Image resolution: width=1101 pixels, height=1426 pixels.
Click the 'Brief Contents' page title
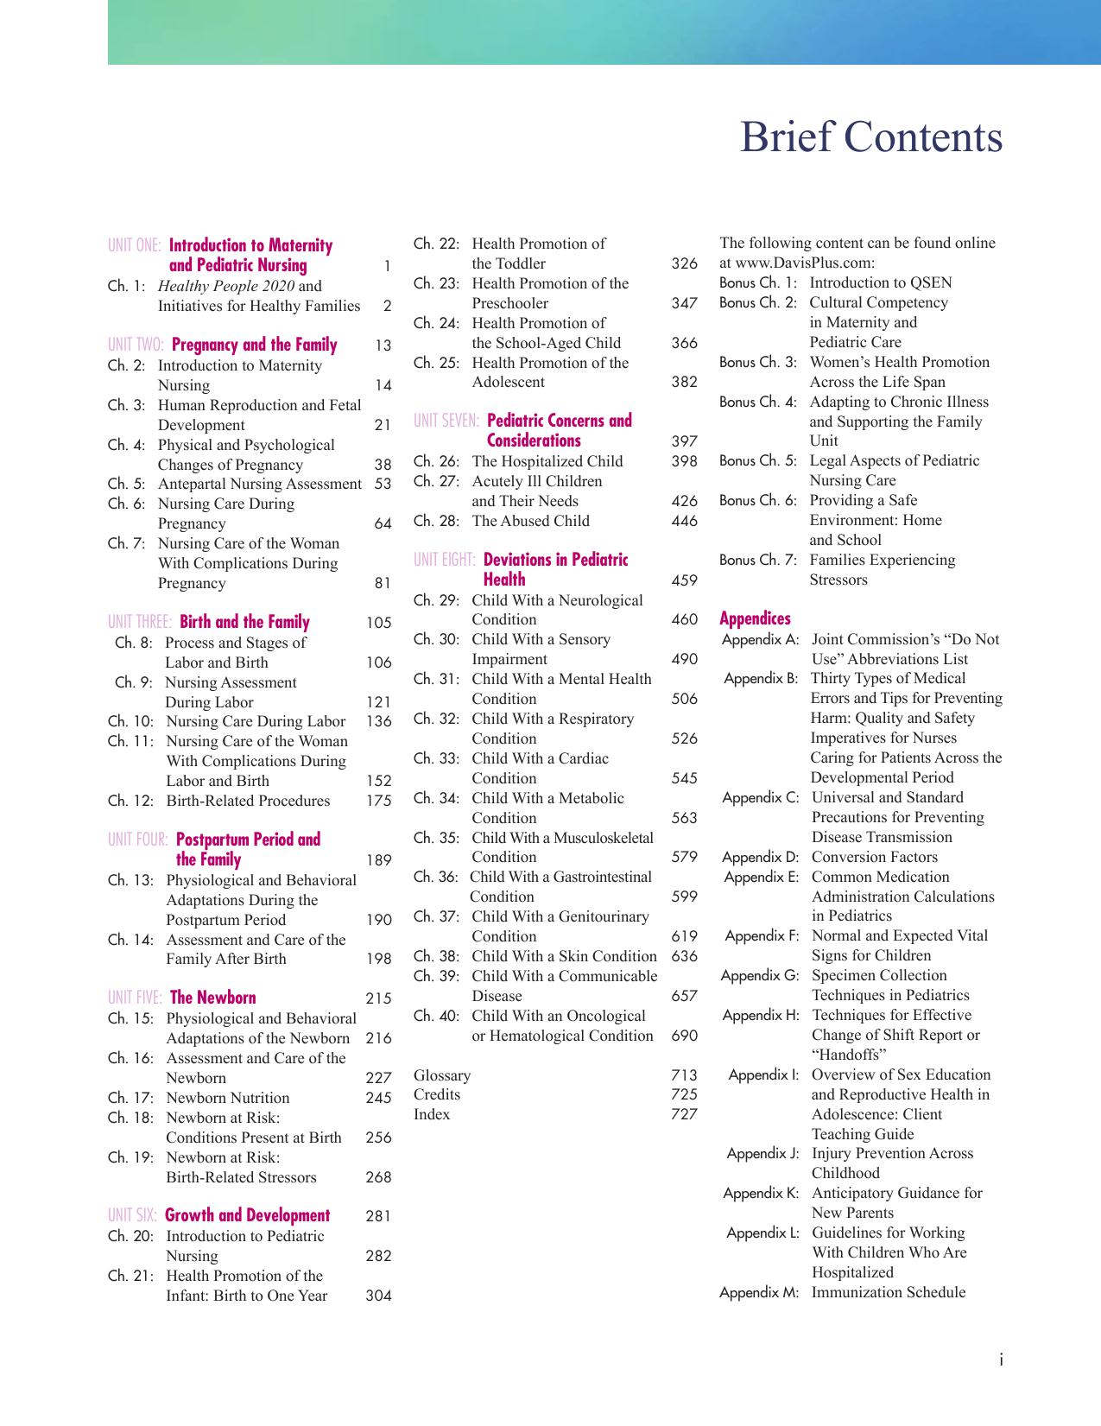pos(870,138)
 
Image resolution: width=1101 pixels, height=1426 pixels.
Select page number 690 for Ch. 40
pos(684,1036)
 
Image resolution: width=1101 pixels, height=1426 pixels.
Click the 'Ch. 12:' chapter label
pos(130,801)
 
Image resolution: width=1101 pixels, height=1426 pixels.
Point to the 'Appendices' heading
pos(755,618)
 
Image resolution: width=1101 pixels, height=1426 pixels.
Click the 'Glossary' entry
pos(442,1075)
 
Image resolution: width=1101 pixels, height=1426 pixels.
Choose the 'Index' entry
pos(432,1114)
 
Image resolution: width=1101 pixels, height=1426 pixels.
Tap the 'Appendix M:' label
pos(759,1293)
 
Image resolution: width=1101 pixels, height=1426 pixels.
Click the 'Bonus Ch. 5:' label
pos(758,461)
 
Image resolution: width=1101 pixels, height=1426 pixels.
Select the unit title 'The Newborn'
pos(212,998)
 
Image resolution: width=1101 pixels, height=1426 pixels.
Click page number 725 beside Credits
pos(684,1095)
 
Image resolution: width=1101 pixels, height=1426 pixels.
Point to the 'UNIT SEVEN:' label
pos(446,421)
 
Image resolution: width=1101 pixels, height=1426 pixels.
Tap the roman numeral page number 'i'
pos(1001,1360)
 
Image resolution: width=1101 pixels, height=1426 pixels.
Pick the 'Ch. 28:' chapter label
pos(436,521)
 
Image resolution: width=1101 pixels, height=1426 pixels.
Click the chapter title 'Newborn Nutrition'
pos(228,1098)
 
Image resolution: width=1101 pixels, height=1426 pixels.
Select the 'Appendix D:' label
pos(760,858)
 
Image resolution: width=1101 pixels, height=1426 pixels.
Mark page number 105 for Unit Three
pos(378,623)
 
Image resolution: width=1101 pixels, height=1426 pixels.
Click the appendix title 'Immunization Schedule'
pos(889,1293)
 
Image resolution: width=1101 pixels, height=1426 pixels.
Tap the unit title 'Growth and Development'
pos(247,1216)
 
